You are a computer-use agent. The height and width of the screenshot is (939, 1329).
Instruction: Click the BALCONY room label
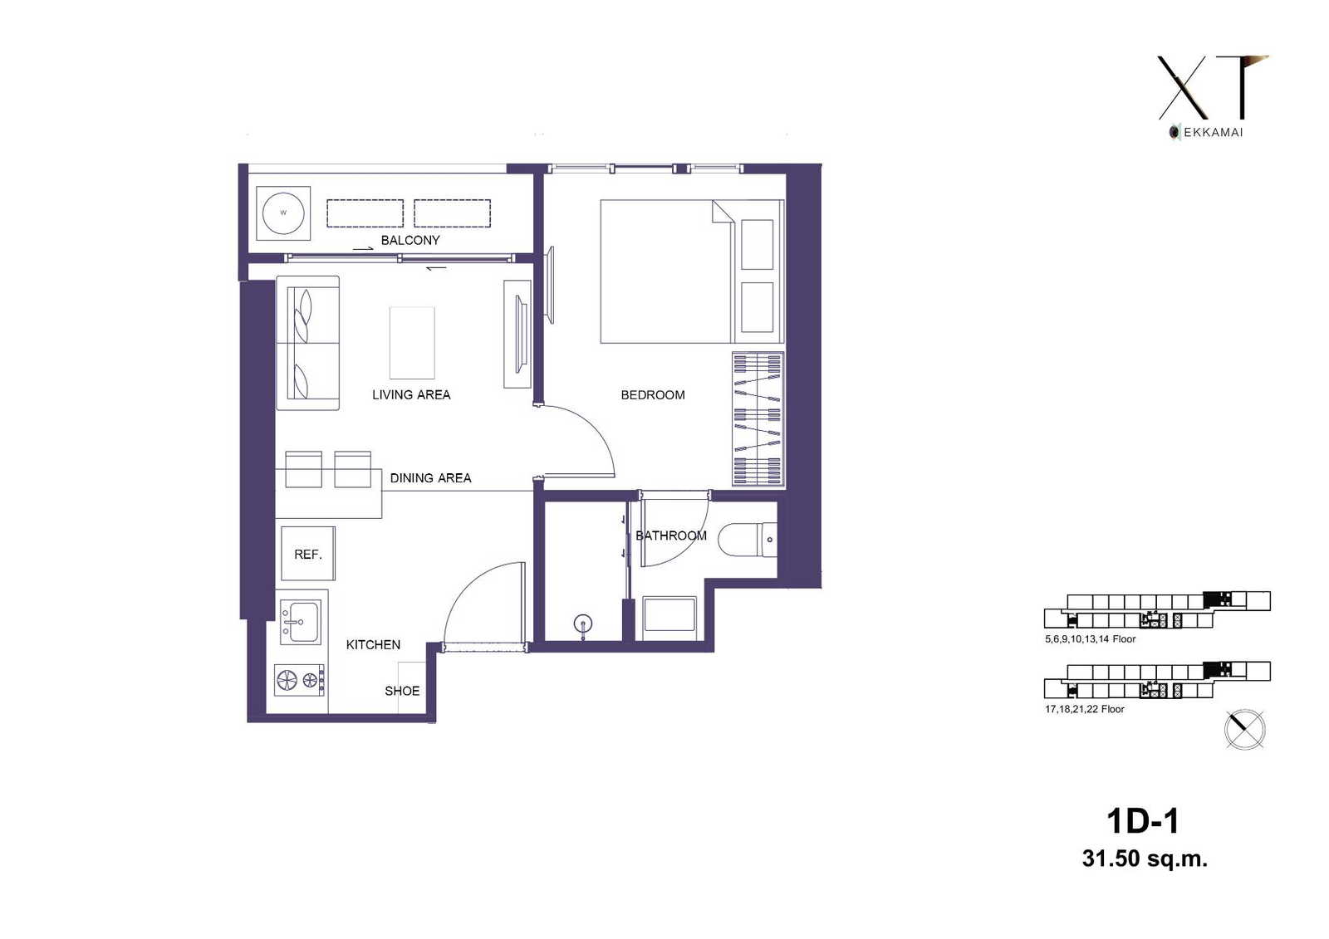point(410,240)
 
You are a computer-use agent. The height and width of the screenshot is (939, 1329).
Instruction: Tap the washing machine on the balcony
point(283,213)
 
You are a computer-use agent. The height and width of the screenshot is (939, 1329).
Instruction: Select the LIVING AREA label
point(411,394)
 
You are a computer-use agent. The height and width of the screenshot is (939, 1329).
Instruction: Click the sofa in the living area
point(308,343)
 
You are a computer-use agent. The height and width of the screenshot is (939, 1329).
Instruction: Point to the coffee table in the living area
point(412,342)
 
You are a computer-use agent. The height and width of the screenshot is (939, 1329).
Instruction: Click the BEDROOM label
point(653,395)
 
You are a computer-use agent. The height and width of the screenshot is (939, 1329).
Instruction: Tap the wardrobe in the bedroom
point(758,419)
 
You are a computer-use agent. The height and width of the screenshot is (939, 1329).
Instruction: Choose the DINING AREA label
point(430,478)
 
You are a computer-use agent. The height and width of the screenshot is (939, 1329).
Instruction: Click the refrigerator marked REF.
point(308,554)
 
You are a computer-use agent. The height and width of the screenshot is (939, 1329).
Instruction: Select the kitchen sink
point(300,622)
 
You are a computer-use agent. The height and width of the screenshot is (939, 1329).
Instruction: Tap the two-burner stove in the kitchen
point(299,680)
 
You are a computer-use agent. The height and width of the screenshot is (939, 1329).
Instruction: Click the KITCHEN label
point(373,645)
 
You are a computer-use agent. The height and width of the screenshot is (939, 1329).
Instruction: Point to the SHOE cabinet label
point(402,691)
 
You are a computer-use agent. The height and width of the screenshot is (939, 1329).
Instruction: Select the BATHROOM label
point(671,536)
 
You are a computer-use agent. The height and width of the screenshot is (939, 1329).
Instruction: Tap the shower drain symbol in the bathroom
point(583,624)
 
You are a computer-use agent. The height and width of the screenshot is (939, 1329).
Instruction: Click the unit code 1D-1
point(1143,822)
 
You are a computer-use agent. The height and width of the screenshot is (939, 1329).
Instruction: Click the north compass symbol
point(1245,730)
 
